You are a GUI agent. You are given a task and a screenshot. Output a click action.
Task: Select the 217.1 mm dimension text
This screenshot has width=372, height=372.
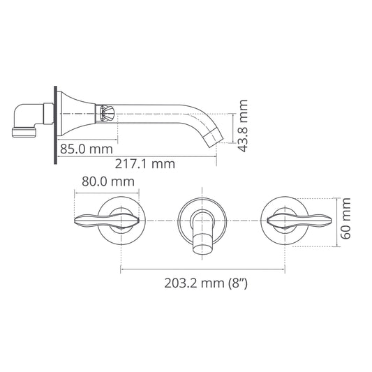click(144, 164)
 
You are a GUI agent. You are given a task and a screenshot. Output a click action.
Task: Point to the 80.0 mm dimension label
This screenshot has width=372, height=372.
click(107, 181)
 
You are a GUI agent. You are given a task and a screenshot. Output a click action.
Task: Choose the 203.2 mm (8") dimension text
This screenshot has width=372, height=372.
click(207, 283)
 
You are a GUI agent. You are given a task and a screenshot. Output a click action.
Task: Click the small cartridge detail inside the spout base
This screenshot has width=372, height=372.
click(107, 111)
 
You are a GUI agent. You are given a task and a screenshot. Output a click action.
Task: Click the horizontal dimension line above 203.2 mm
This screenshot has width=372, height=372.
click(202, 269)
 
